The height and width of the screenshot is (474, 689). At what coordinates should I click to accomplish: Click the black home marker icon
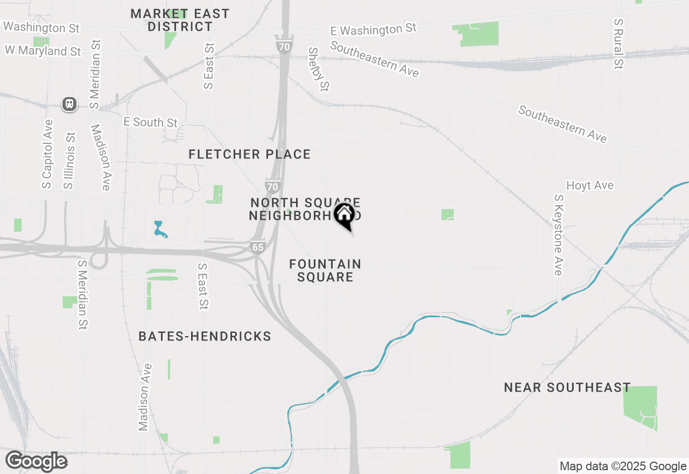click(x=344, y=215)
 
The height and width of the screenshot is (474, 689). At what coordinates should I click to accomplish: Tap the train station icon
click(x=69, y=104)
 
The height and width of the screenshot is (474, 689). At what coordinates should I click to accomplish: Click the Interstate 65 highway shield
click(x=258, y=247)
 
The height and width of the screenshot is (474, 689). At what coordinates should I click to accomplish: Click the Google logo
click(x=37, y=462)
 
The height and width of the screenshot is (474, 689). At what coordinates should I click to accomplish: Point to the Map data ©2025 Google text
click(x=623, y=466)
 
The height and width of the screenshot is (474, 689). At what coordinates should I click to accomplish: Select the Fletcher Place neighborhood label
click(x=250, y=155)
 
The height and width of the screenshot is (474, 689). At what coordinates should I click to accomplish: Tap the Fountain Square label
click(x=325, y=270)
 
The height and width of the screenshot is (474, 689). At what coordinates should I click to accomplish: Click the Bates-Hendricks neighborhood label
click(x=205, y=337)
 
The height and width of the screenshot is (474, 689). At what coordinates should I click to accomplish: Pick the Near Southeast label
click(x=567, y=387)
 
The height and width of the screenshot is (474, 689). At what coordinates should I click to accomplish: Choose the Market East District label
click(x=180, y=20)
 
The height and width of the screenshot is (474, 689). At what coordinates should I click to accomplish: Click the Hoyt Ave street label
click(x=590, y=185)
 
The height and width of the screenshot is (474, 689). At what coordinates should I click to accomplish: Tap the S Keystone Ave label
click(x=558, y=235)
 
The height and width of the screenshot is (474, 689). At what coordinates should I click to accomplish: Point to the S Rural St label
click(x=618, y=44)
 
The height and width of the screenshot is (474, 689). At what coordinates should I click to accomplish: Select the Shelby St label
click(x=318, y=69)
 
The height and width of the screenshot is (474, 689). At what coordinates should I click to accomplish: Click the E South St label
click(x=150, y=122)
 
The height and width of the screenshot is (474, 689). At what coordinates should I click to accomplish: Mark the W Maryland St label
click(x=43, y=51)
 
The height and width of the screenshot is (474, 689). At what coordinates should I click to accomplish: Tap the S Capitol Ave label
click(x=47, y=154)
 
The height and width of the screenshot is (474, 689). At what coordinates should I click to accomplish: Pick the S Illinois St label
click(x=69, y=160)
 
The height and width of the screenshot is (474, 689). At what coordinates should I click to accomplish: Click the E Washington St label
click(x=374, y=30)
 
